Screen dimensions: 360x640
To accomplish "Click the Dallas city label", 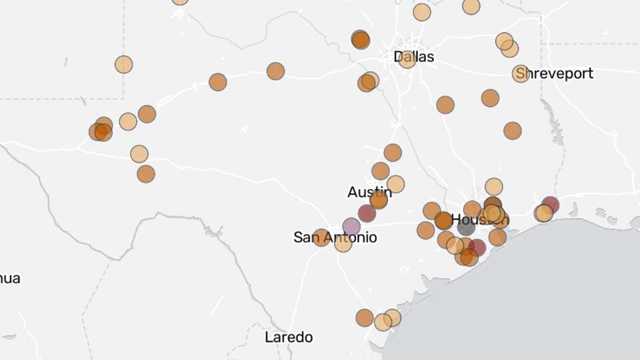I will [x=414, y=57].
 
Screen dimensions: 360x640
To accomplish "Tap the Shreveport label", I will [x=555, y=73].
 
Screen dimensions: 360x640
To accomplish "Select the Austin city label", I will [x=369, y=192].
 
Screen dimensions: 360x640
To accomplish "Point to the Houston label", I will [x=479, y=219].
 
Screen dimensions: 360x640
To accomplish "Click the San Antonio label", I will [x=335, y=237].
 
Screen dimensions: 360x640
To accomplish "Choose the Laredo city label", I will [x=289, y=337].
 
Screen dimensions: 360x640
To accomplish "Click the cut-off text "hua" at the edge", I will [x=10, y=278].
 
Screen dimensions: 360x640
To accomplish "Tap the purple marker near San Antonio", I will [x=351, y=227].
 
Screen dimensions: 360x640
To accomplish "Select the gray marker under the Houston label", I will [x=466, y=227].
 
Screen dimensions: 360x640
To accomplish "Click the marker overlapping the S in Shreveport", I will [x=521, y=73].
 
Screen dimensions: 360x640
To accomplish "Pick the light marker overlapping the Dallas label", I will [x=407, y=59].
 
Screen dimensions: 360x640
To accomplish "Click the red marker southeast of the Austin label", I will [x=367, y=213].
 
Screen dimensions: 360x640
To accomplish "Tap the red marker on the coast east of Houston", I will [x=550, y=205].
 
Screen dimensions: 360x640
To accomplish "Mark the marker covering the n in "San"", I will [x=321, y=237].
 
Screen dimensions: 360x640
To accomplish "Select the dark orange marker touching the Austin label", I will [x=379, y=199].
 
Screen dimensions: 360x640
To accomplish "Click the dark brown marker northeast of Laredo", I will [x=365, y=317].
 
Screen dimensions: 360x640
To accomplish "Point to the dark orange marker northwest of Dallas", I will [x=361, y=39].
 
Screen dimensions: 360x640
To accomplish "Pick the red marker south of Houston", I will [x=477, y=248].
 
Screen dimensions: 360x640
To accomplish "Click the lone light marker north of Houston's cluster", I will [x=493, y=187].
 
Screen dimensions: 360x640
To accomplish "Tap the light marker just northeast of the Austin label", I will [x=395, y=184].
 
